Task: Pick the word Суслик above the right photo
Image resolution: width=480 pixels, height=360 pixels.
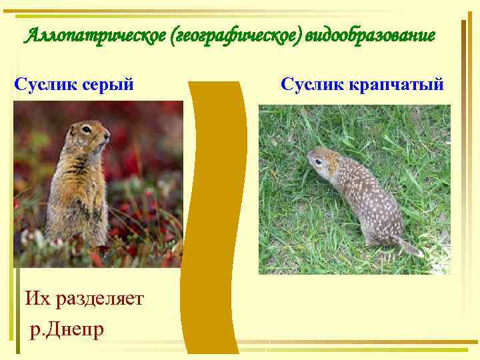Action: click(312, 85)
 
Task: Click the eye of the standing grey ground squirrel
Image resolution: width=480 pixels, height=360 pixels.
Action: click(87, 129)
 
